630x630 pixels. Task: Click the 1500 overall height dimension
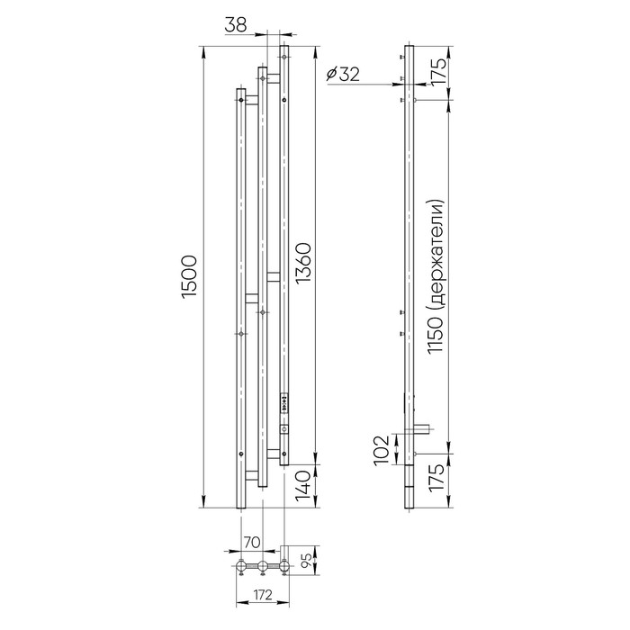(x=189, y=276)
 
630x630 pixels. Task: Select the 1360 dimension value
(x=303, y=263)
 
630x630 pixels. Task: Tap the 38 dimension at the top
(x=235, y=25)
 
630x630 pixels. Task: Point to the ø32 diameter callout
(x=343, y=75)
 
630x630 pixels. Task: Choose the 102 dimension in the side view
(x=382, y=450)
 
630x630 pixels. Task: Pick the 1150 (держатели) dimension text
(x=435, y=276)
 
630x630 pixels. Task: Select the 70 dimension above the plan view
(x=253, y=542)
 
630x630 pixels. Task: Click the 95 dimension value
(x=306, y=560)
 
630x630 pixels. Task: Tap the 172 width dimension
(x=263, y=595)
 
